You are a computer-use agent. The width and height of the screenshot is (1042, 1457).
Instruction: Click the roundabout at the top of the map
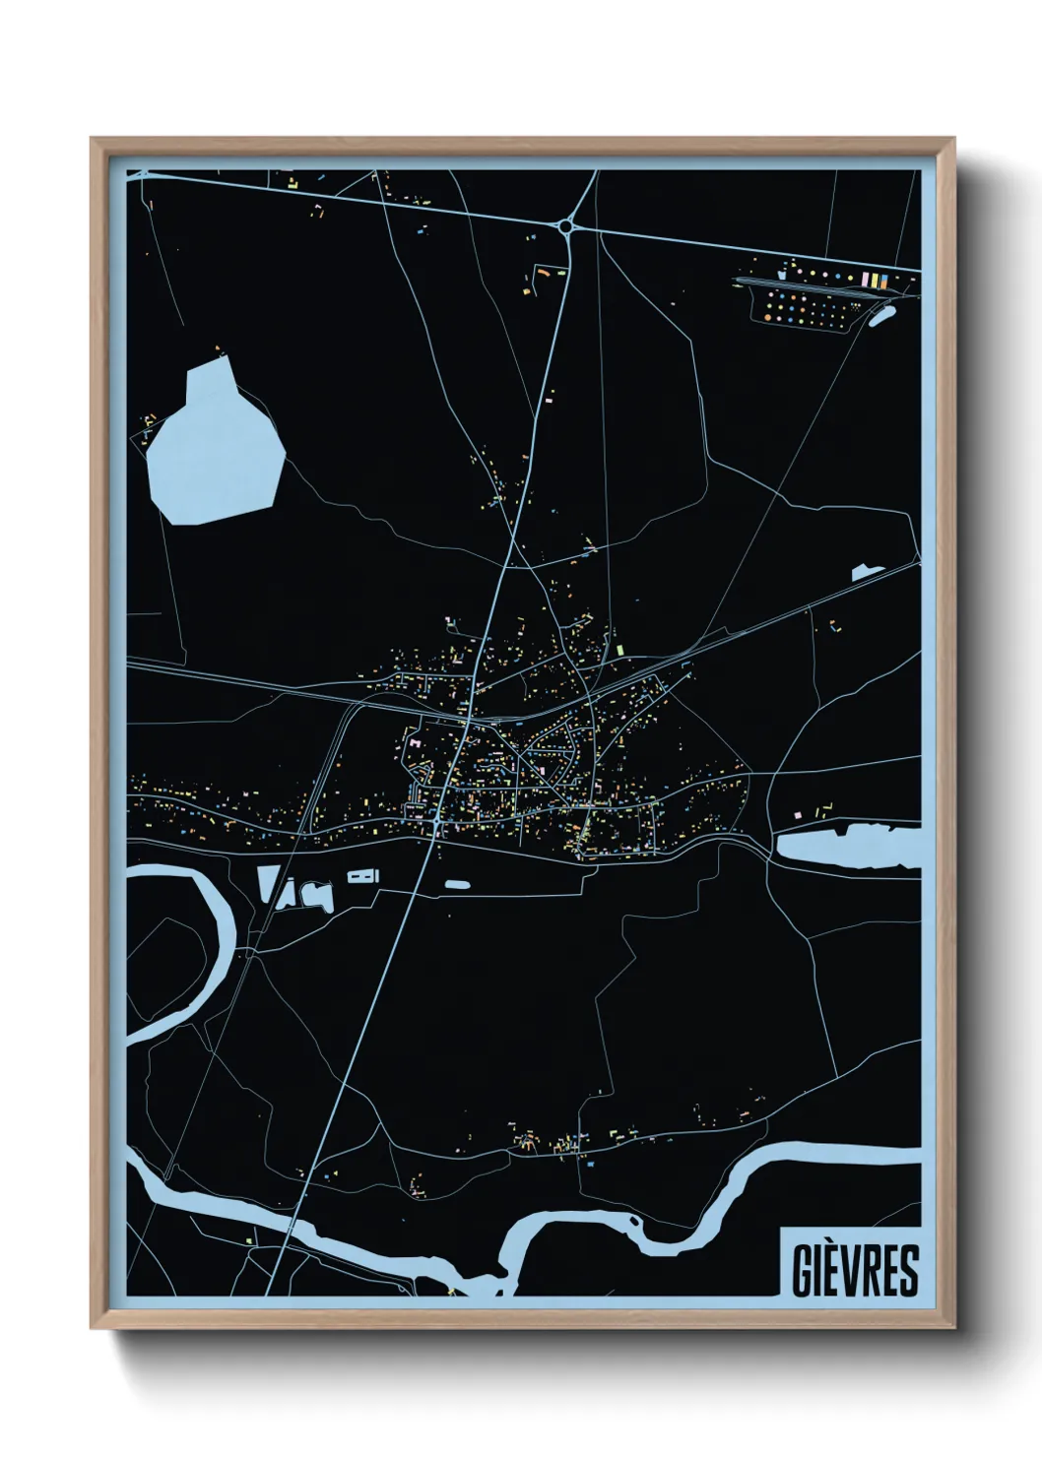coord(565,226)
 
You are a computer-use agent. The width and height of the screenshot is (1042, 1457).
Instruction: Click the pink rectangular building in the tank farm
coord(864,281)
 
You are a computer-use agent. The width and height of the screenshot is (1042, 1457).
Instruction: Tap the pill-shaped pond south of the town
coord(456,885)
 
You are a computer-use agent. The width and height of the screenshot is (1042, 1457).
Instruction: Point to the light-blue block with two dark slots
coord(361,875)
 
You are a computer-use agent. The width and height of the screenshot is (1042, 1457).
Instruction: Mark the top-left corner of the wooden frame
coord(93,140)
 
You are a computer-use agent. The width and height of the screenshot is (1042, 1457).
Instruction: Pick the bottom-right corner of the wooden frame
coord(953,1327)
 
